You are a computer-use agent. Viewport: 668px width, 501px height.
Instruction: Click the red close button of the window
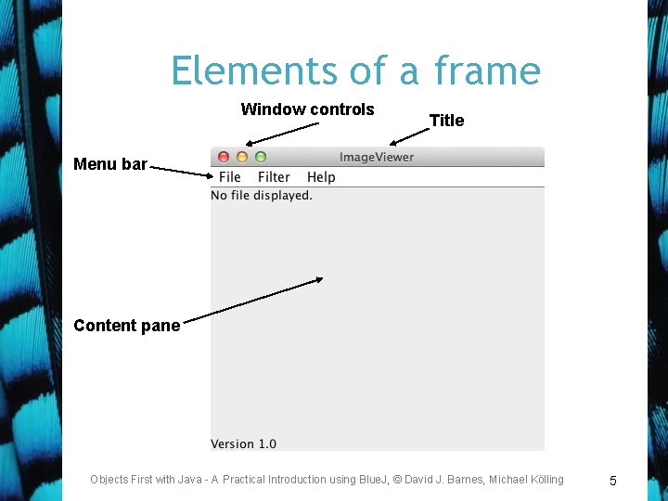coord(224,157)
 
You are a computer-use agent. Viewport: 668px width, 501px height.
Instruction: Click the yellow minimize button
coord(242,157)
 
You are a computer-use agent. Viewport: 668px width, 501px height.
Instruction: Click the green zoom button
coord(261,157)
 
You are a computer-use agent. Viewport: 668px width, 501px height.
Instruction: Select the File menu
coord(230,177)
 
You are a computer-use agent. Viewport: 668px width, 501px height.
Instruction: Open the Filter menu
coord(274,177)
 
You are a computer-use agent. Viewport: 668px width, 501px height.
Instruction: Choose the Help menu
coord(321,177)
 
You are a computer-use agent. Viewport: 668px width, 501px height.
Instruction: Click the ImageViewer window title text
coord(377,157)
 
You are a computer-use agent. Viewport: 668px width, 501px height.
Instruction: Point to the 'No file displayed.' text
coord(262,196)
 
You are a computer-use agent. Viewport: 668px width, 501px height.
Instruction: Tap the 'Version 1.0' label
coord(243,443)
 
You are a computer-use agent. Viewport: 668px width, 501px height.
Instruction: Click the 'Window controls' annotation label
coord(307,109)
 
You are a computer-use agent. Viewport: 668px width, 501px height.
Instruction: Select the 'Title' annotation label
coord(446,121)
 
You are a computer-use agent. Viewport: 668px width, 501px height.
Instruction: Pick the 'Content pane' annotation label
coord(126,326)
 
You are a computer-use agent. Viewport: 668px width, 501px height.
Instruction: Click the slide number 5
coord(612,481)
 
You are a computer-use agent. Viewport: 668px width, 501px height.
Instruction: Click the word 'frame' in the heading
coord(488,71)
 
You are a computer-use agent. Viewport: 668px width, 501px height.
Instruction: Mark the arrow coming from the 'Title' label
coord(410,135)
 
